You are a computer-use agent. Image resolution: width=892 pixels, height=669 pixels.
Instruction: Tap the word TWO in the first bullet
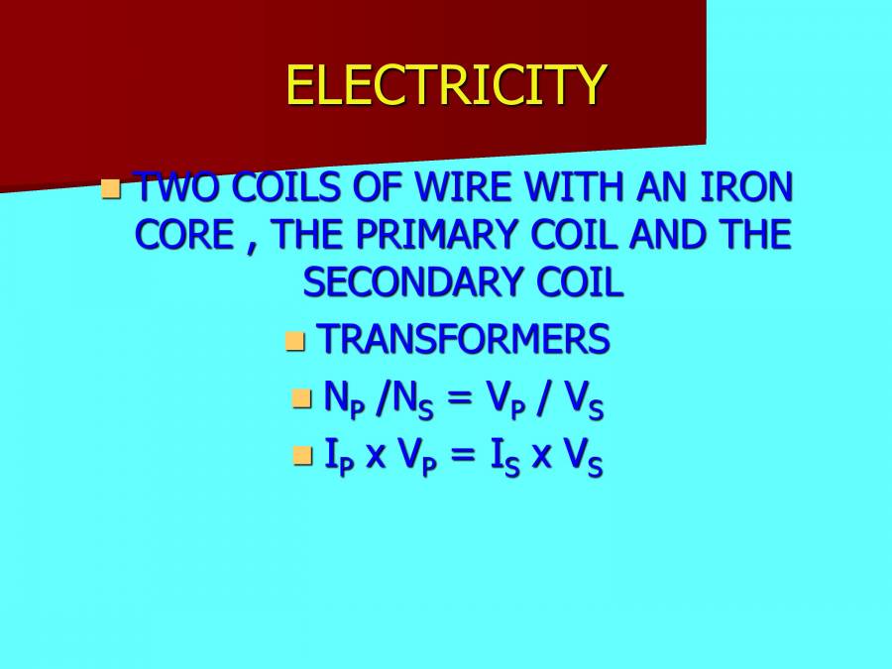pyautogui.click(x=168, y=187)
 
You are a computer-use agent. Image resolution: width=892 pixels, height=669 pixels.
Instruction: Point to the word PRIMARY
pyautogui.click(x=444, y=235)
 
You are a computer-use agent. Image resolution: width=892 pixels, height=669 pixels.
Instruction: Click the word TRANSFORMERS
pyautogui.click(x=463, y=340)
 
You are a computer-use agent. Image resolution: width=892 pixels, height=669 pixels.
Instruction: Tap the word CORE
pyautogui.click(x=181, y=235)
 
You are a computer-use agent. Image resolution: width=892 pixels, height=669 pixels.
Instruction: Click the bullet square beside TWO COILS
pyautogui.click(x=111, y=186)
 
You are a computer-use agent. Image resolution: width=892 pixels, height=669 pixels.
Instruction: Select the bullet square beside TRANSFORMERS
pyautogui.click(x=294, y=341)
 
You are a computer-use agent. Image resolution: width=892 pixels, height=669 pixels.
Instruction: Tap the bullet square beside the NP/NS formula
pyautogui.click(x=301, y=398)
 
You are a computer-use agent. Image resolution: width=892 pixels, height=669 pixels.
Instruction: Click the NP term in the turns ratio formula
pyautogui.click(x=338, y=399)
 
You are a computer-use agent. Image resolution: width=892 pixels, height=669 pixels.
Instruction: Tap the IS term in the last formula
pyautogui.click(x=505, y=456)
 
